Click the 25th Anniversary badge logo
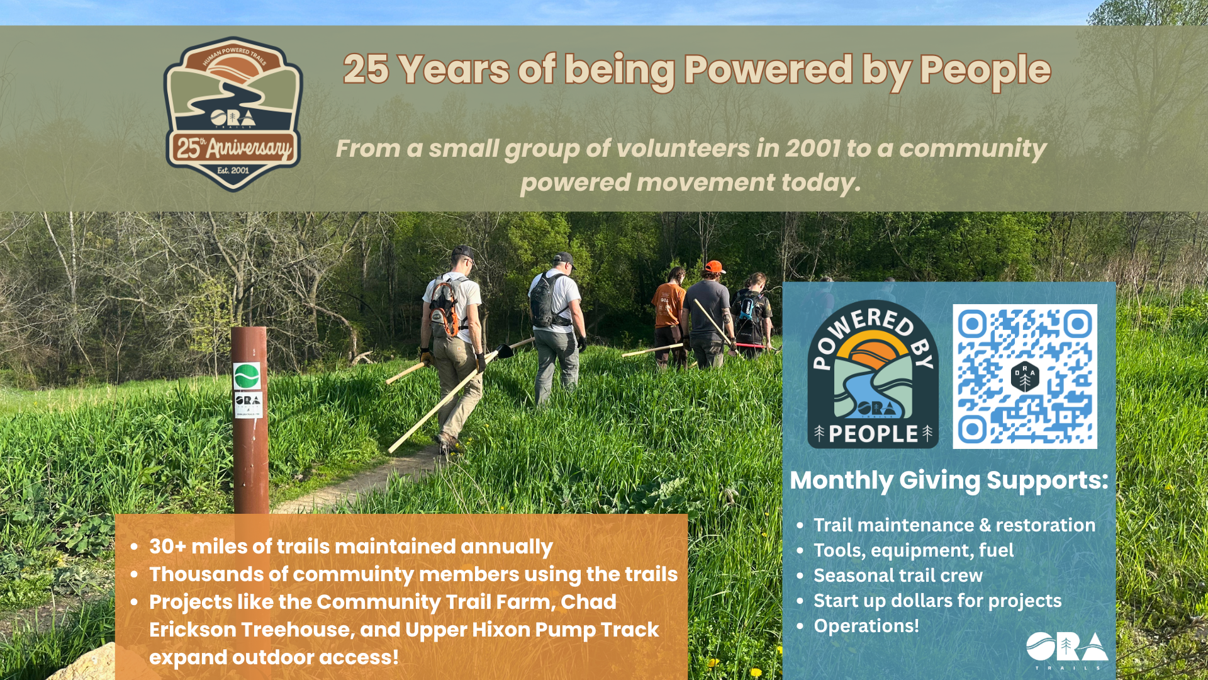[x=233, y=114]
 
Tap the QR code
[x=1025, y=377]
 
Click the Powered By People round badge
[x=873, y=375]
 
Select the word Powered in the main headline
[x=768, y=69]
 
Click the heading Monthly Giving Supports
[x=949, y=480]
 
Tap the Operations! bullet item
[x=866, y=626]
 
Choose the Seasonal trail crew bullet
[x=898, y=575]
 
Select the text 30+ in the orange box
[x=167, y=547]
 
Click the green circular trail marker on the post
[x=247, y=376]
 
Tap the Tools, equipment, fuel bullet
[x=914, y=550]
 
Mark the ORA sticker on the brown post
[x=248, y=405]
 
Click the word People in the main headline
[x=985, y=70]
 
